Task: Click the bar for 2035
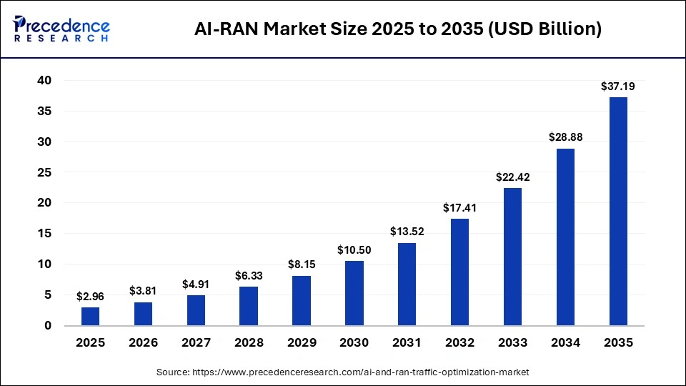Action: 617,211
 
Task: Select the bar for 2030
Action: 354,293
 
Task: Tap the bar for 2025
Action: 90,316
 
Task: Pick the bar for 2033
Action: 512,257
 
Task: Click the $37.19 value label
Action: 617,86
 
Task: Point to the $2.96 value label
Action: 90,297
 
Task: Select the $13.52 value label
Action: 407,232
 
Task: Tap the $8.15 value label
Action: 302,264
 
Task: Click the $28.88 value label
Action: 565,137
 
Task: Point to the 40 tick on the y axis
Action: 44,81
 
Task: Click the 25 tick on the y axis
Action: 44,172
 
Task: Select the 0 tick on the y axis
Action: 48,325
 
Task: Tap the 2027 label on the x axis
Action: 196,343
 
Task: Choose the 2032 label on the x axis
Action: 459,343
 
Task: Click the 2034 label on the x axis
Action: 565,343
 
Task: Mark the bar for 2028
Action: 249,306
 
